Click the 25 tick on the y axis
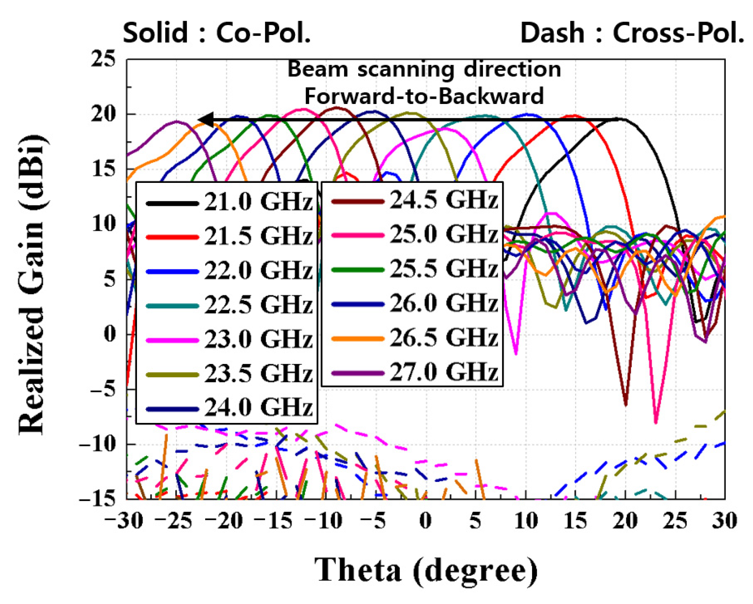coord(103,59)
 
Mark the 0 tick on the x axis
coord(425,521)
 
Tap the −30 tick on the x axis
coord(124,521)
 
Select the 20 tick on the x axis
coord(625,521)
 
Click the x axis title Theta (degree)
coord(425,570)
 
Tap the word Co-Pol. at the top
coord(263,33)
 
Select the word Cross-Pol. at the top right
coord(678,33)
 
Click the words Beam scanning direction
coord(424,69)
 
